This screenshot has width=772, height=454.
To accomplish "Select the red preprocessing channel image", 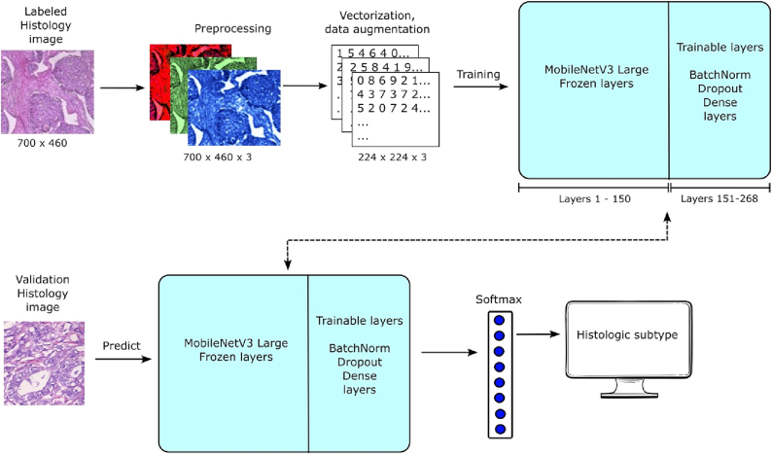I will [165, 68].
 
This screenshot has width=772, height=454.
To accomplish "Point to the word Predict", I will [123, 345].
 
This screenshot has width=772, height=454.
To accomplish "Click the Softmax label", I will [499, 299].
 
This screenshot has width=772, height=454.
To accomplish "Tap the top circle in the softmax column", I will [499, 321].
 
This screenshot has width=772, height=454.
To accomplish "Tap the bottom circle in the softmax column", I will [499, 428].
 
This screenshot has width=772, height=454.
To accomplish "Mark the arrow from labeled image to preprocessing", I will [115, 88].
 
